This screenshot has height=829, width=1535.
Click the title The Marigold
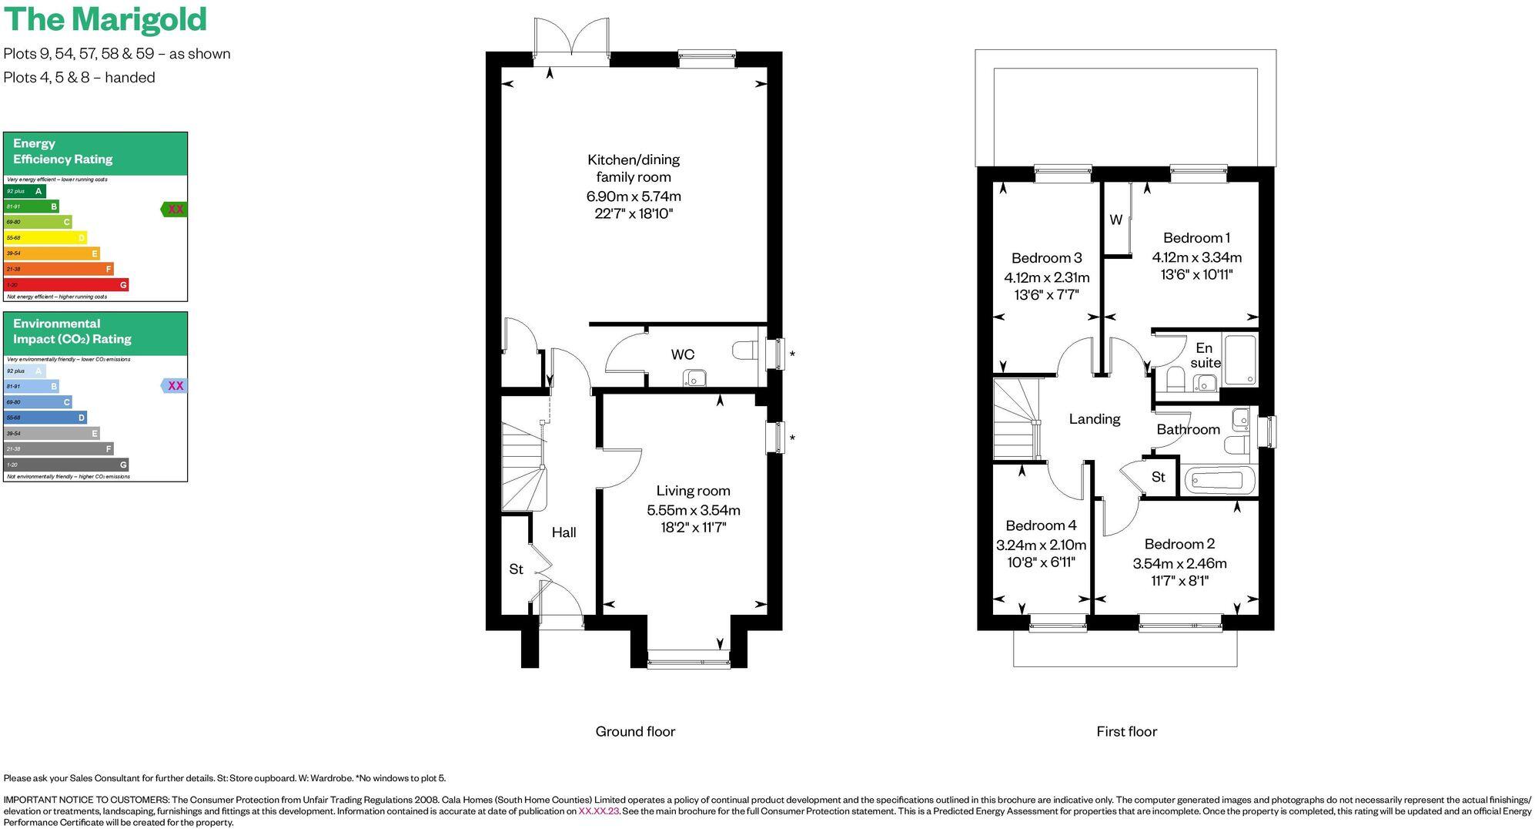pos(105,19)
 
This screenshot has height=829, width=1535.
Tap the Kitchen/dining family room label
pos(633,168)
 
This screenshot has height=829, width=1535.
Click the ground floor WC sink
pos(695,378)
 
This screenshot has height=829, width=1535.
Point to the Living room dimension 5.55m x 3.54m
pos(693,510)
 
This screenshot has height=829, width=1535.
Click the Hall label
pos(564,532)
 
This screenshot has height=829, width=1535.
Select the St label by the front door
pos(516,569)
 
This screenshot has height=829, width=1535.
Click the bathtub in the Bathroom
pos(1219,481)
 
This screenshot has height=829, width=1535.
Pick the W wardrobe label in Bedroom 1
pos(1115,220)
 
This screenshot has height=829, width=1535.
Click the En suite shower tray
pos(1239,359)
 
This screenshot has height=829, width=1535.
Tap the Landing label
pos(1094,419)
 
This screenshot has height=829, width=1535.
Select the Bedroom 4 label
pos(1041,525)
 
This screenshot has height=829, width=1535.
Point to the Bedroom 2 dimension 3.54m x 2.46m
pos(1179,563)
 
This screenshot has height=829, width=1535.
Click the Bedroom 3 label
pos(1046,258)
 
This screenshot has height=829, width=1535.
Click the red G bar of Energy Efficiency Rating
pos(66,285)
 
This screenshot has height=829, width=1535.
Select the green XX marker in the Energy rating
pos(175,209)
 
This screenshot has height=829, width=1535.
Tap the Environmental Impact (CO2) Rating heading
pos(72,331)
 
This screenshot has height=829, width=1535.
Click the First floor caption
pos(1126,732)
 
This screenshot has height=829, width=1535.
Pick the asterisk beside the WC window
pos(792,354)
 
